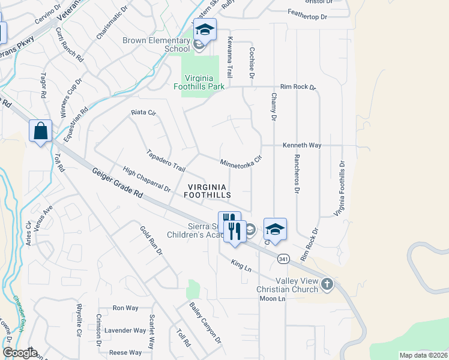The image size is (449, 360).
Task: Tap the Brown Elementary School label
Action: coord(156,44)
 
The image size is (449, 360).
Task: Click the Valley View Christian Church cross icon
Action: coord(327,284)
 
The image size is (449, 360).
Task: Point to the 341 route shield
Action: coord(284,258)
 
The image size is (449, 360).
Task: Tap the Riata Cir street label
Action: coord(143,112)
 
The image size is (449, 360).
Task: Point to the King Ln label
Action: coord(241,264)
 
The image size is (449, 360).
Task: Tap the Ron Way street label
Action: coord(125,308)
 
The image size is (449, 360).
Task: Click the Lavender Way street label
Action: coord(125,331)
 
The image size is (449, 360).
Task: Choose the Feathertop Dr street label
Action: coord(307,17)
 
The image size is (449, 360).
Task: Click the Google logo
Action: coord(19,353)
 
